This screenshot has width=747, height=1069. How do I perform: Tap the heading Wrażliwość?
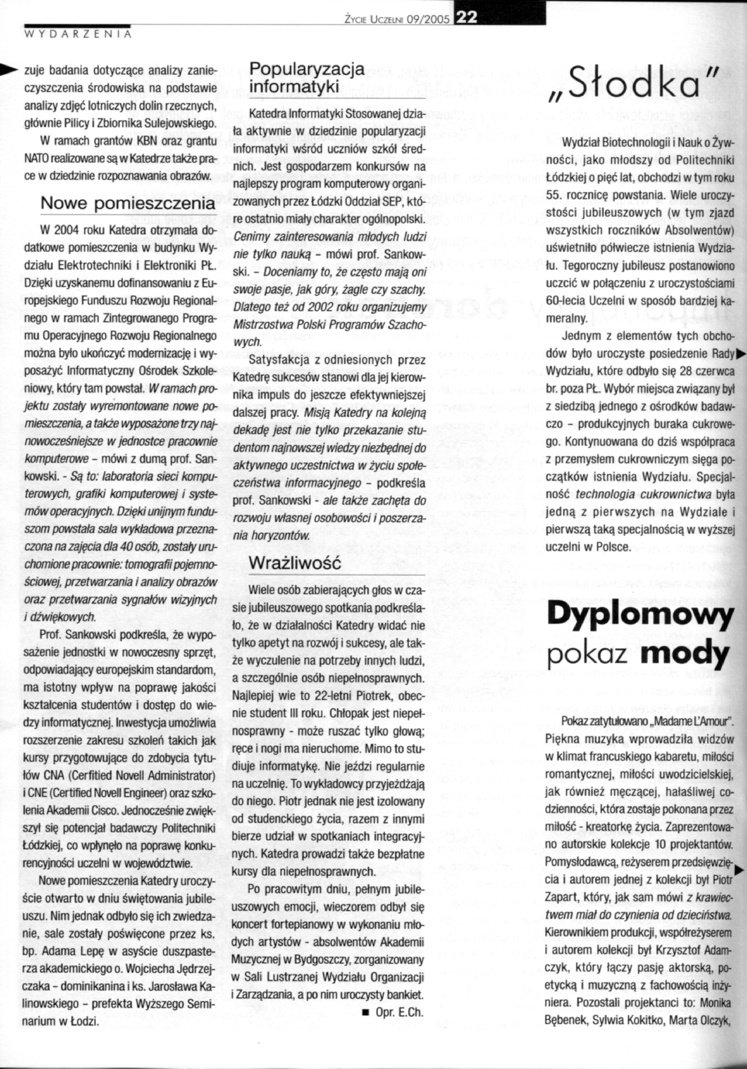pyautogui.click(x=296, y=562)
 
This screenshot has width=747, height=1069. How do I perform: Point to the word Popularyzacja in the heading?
pyautogui.click(x=307, y=69)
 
